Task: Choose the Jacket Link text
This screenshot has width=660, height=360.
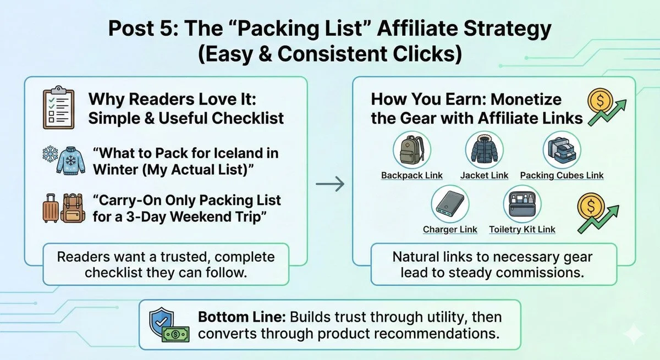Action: click(x=484, y=175)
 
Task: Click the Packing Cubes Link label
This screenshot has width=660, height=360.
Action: click(x=562, y=175)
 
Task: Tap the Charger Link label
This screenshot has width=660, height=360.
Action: click(x=450, y=229)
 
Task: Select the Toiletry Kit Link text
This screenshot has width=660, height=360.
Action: click(x=522, y=229)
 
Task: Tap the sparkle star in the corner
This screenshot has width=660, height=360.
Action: click(x=634, y=333)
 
